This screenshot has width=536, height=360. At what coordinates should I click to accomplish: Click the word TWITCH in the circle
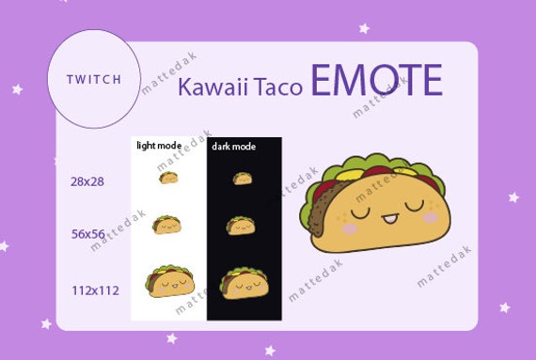point(94,79)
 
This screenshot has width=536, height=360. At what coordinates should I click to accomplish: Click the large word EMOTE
point(375,83)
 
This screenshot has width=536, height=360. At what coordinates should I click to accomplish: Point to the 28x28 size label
point(87,180)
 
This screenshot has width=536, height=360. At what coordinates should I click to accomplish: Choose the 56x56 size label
point(87,234)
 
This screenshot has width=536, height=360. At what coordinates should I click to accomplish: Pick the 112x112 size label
point(95,290)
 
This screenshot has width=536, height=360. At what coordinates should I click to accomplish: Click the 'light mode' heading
point(159,146)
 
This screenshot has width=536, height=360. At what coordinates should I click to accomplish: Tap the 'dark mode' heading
point(233,147)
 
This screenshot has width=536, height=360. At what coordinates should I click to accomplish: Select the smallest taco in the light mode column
point(169,177)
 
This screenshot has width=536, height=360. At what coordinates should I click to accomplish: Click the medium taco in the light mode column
point(166,224)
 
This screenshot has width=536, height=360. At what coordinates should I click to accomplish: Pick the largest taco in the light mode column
point(170,281)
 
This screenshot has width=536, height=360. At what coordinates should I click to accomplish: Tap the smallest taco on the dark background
point(243,178)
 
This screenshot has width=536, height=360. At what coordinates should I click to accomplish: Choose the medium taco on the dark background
point(241,226)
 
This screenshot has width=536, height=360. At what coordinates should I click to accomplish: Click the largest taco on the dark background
point(244,281)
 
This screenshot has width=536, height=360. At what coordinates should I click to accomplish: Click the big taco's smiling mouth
point(390,222)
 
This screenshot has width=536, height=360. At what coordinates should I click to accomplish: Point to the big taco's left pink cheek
point(350,227)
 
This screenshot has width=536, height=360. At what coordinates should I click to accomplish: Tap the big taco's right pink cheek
point(431,217)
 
